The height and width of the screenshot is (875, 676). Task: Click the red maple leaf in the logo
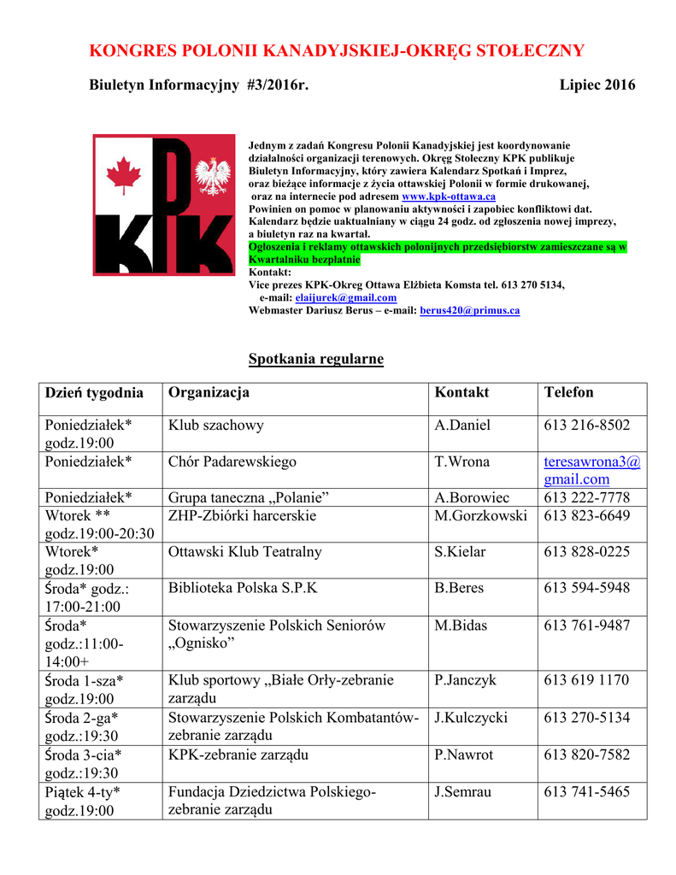(123, 176)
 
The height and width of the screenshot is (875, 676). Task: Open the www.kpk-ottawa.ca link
(449, 197)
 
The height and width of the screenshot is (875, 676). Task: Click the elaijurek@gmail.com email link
(345, 297)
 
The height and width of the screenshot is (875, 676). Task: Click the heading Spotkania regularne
(315, 359)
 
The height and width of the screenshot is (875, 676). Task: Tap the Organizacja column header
(209, 392)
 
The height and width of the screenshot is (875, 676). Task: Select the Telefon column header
(568, 392)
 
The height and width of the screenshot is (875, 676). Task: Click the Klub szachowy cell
(216, 425)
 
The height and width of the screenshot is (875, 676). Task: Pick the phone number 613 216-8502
(587, 425)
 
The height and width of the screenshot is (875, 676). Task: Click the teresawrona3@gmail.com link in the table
(591, 470)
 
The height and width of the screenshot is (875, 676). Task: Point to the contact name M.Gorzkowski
(480, 515)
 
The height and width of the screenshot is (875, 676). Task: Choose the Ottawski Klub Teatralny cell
(245, 551)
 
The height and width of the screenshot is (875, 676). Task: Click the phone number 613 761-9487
(587, 625)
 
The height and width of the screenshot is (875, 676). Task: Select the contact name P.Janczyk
(465, 680)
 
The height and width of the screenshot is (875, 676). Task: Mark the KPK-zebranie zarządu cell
(238, 755)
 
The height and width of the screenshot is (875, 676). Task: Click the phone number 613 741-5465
(587, 791)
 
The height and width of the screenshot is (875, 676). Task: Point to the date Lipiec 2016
(597, 85)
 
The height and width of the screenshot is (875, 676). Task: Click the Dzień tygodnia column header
(94, 392)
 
